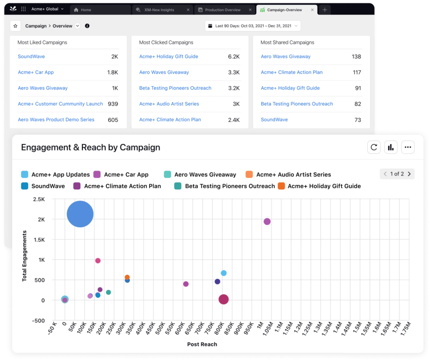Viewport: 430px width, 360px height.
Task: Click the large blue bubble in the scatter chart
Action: tap(80, 214)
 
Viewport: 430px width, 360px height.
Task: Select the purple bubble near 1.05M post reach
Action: tap(267, 221)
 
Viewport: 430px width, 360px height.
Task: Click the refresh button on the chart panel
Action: tap(374, 147)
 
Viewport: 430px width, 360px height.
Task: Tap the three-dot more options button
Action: tap(407, 147)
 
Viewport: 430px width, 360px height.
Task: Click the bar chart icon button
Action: tap(391, 147)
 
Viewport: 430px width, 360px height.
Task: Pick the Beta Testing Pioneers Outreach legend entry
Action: tap(230, 186)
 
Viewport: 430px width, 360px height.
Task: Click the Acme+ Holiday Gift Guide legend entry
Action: tap(324, 186)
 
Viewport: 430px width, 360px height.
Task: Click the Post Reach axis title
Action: tap(202, 344)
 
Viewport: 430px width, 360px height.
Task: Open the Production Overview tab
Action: tap(222, 10)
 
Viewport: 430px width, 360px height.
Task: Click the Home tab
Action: tap(86, 10)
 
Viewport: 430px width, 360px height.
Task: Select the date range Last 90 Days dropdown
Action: tap(253, 26)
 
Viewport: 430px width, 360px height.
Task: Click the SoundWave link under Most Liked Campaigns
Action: tap(31, 57)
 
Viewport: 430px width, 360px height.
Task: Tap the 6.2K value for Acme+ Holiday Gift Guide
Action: tap(234, 57)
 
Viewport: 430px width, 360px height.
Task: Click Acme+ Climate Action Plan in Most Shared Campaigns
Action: tap(291, 72)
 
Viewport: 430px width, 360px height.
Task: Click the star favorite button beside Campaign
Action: tap(15, 26)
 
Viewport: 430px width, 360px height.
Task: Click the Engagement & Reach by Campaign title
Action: tap(90, 147)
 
